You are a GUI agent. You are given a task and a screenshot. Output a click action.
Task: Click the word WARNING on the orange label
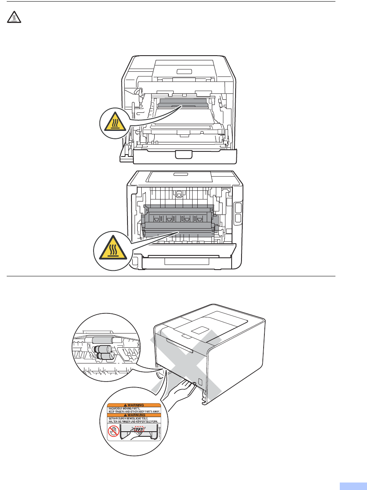tap(135, 404)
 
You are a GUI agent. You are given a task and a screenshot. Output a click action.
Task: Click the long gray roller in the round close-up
tap(102, 340)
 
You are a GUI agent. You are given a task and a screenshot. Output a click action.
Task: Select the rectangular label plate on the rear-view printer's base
tap(186, 262)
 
